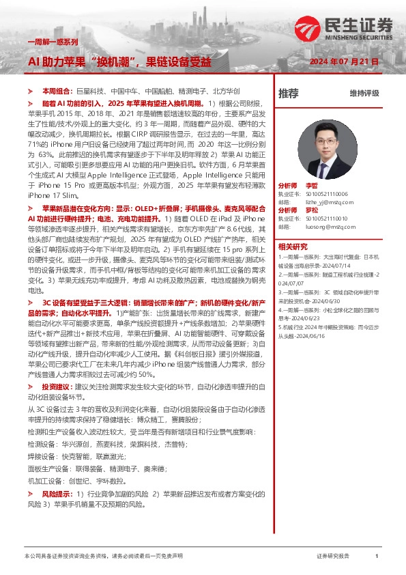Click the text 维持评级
pyautogui.click(x=364, y=93)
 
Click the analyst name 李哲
pyautogui.click(x=312, y=186)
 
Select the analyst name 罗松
pyautogui.click(x=312, y=210)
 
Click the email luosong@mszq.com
pyautogui.click(x=321, y=226)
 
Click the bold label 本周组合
pyautogui.click(x=55, y=90)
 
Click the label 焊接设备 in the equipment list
pyautogui.click(x=42, y=456)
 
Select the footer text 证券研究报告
pyautogui.click(x=333, y=557)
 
